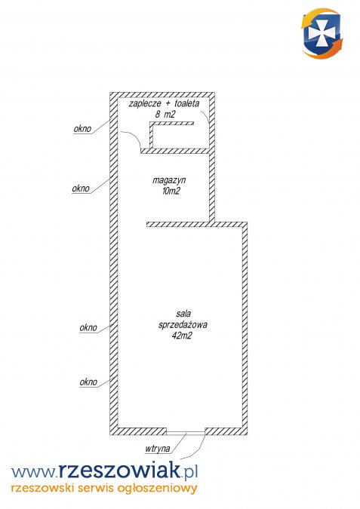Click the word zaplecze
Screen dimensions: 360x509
145,104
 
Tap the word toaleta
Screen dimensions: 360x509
187,103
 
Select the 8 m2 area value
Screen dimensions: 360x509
165,115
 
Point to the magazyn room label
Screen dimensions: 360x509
169,181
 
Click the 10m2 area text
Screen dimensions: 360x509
171,192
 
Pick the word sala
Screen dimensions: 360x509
183,314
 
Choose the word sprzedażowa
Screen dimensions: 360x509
183,325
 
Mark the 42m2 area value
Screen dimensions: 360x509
182,336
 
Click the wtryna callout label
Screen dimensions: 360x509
158,449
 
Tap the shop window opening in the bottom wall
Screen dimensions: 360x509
186,433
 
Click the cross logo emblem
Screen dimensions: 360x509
322,33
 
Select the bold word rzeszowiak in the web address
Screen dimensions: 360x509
119,471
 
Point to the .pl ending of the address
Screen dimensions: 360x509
189,472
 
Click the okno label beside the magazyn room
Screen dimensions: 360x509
81,189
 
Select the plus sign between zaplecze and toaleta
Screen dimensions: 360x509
168,104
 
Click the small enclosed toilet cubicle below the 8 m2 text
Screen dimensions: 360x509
180,136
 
